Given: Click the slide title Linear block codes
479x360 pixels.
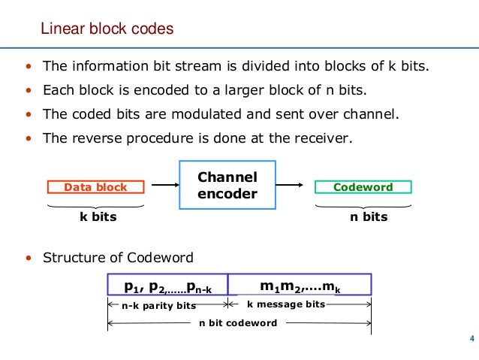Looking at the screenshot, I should coord(107,29).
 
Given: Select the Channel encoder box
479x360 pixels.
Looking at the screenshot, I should coord(227,186).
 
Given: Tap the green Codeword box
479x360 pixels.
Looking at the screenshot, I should coord(363,187).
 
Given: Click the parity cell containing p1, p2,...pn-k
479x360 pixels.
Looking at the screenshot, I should coord(167,286).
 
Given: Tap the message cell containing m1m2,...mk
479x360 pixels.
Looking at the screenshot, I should coord(300,286).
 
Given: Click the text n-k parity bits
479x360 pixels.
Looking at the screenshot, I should coord(158,305).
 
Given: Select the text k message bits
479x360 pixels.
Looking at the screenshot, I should coord(286,304).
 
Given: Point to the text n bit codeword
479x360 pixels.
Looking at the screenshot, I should coord(238,323).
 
